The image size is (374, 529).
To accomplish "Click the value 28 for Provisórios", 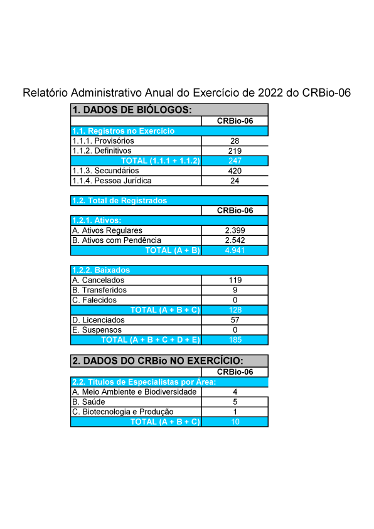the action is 235,141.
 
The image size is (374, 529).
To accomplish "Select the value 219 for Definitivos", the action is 235,151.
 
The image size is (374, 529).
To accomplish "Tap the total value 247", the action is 235,161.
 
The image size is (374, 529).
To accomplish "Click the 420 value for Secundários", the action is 235,171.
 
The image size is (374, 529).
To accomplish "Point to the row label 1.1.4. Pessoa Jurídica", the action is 112,181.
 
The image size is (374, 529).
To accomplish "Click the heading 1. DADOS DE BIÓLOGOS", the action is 132,110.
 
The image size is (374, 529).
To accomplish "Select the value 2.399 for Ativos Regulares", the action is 235,230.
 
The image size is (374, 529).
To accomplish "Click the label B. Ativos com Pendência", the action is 117,240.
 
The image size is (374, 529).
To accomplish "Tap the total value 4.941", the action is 235,250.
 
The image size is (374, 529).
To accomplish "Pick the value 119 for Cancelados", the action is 235,280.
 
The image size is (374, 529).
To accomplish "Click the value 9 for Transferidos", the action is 235,290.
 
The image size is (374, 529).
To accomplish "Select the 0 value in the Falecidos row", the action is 235,300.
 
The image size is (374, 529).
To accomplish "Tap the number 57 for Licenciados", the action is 235,320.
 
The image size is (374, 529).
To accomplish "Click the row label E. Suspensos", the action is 97,330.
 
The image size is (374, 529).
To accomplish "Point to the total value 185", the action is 235,339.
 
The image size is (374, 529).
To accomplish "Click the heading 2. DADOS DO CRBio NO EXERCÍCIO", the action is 158,361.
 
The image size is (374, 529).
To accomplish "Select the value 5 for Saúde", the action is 235,402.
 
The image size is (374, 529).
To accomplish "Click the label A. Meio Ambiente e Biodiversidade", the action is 134,392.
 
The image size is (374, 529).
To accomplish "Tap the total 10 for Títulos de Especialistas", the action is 235,422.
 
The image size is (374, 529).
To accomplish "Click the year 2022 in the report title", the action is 270,93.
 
